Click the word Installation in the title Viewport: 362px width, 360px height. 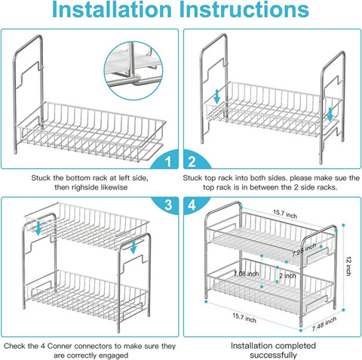click(112, 10)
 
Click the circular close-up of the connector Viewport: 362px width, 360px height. click(133, 71)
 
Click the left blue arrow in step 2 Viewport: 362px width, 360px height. click(217, 97)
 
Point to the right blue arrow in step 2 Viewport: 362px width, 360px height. click(330, 113)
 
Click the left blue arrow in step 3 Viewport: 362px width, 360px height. click(38, 228)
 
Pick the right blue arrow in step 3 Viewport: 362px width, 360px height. click(133, 247)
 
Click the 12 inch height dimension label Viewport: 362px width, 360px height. click(348, 266)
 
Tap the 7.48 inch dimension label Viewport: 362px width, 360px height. click(324, 324)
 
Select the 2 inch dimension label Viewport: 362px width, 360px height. click(287, 275)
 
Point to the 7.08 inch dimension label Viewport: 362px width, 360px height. click(246, 273)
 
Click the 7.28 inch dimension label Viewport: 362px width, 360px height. click(304, 250)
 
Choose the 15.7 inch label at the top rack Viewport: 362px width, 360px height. click(285, 214)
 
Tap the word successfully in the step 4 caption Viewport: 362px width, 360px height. click(273, 355)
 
